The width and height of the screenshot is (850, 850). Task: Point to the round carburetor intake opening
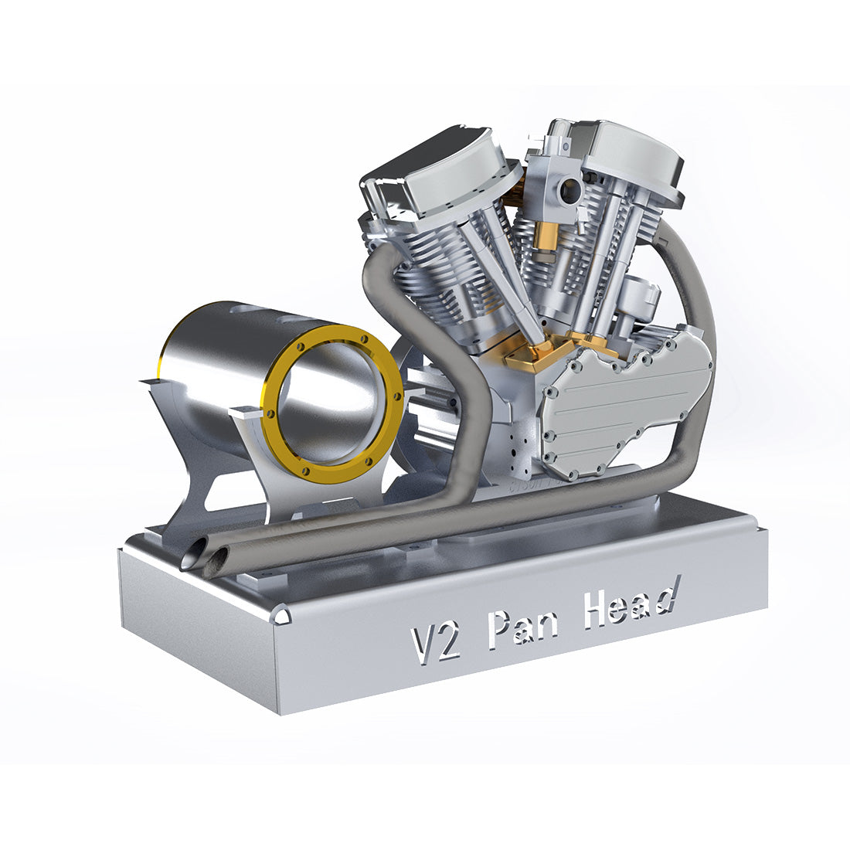click(x=572, y=188)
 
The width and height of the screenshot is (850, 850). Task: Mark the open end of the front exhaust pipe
click(x=219, y=559)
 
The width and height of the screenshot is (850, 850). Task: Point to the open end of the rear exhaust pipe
click(x=193, y=555)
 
